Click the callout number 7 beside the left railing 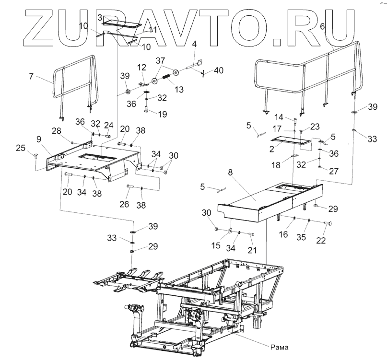[31, 76]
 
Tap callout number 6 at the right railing [322, 28]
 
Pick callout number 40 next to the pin [218, 70]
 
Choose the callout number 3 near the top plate [100, 17]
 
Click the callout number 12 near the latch [141, 67]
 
